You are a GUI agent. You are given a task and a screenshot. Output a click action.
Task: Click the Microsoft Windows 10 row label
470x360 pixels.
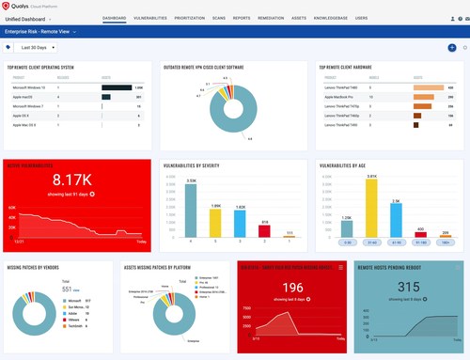[30, 87]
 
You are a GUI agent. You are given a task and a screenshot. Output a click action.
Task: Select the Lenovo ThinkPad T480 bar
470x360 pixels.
[429, 87]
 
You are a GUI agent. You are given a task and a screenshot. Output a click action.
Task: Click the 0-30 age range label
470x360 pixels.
[347, 243]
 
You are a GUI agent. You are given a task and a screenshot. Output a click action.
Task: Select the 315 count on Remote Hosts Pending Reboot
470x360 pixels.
[408, 287]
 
